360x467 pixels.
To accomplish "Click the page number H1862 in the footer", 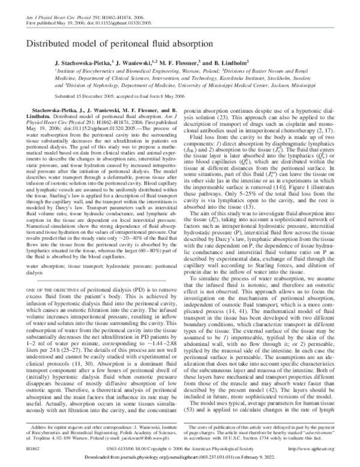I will pyautogui.click(x=31, y=448).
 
